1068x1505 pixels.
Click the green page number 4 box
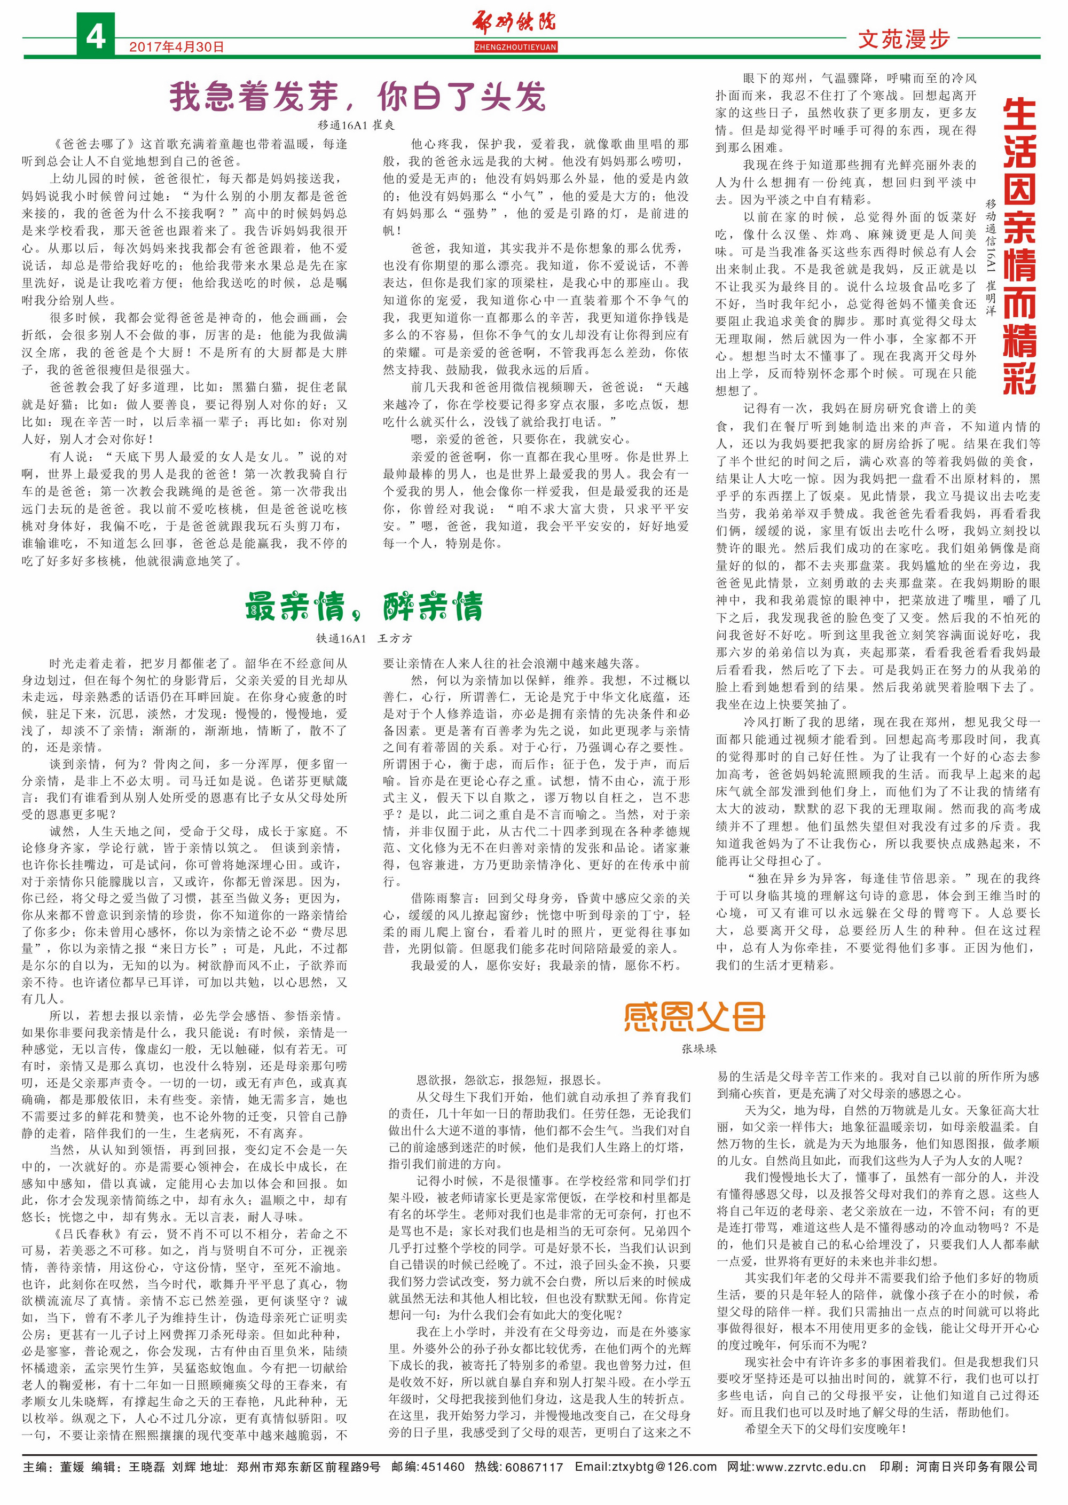pos(96,36)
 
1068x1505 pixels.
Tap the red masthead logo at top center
pos(515,23)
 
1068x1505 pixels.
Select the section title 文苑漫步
pos(904,40)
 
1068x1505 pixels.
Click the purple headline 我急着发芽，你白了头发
pos(357,97)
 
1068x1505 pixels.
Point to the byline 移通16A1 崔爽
pos(356,125)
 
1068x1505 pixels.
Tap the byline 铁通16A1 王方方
pos(364,638)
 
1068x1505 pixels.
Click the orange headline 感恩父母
pos(694,1017)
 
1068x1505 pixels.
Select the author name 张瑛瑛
pos(698,1048)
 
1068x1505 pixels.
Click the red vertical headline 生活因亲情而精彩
pos(1020,247)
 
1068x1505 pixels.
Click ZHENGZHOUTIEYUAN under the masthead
pos(515,48)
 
